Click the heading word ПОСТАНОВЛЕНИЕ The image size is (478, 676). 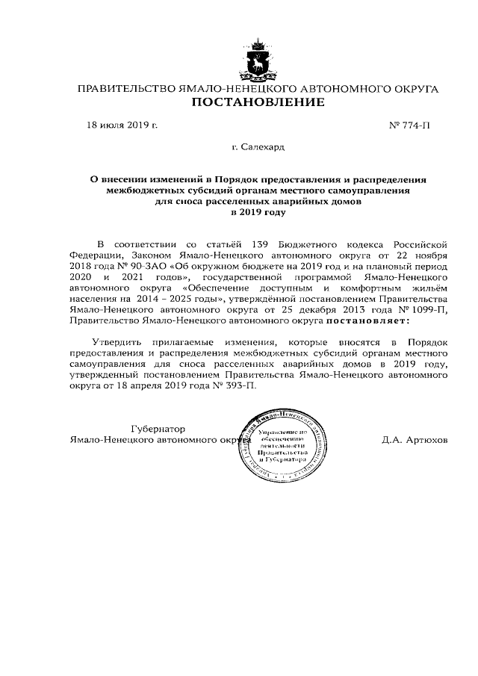click(258, 102)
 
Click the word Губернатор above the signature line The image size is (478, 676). click(158, 430)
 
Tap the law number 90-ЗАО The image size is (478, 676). click(149, 265)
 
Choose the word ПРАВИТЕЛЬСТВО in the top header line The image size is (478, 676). click(126, 89)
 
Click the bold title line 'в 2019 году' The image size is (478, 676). click(258, 213)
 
